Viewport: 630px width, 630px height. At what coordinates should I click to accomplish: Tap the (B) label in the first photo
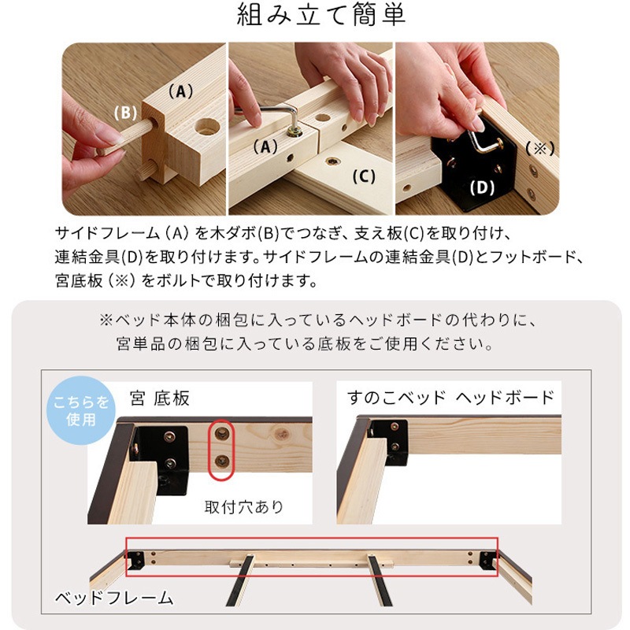click(125, 113)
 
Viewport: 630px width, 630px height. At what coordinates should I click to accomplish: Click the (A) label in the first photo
click(180, 91)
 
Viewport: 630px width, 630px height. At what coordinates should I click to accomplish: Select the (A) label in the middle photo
click(266, 146)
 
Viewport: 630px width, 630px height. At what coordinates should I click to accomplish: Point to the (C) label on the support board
click(363, 176)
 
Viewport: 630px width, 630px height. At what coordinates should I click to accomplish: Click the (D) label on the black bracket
click(481, 188)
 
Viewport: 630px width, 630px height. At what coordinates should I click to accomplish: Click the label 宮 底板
click(160, 398)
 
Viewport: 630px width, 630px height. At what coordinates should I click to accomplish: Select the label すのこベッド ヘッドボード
click(451, 397)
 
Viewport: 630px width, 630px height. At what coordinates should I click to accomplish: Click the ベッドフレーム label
click(113, 598)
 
